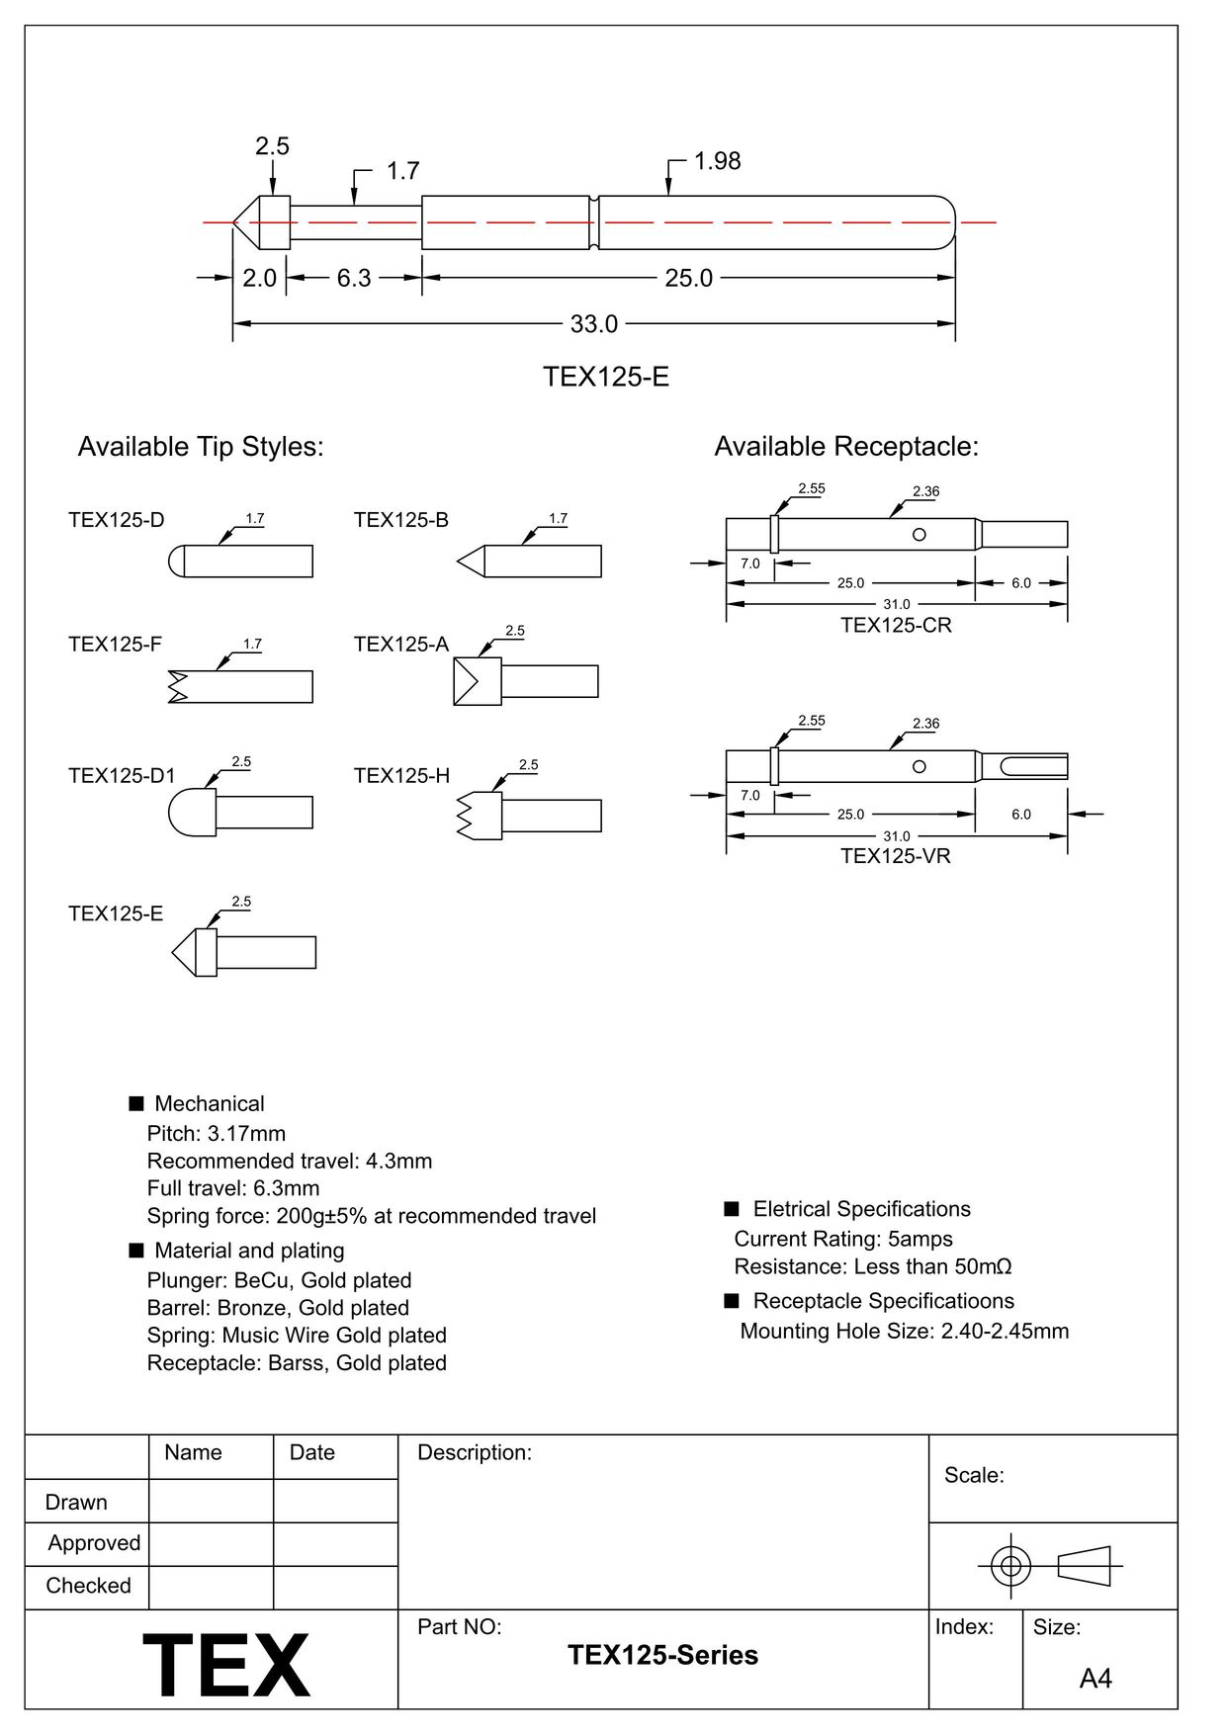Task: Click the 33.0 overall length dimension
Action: click(593, 324)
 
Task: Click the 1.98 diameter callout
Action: click(717, 161)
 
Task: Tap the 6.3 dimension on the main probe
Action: click(353, 279)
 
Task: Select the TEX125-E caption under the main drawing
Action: click(605, 377)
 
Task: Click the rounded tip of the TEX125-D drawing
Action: click(177, 562)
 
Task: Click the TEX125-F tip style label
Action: click(115, 645)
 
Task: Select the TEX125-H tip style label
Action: click(401, 776)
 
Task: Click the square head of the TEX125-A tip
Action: click(477, 681)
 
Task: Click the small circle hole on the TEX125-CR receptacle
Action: click(919, 535)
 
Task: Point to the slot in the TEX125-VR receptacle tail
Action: click(1033, 766)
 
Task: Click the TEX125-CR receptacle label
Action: click(896, 626)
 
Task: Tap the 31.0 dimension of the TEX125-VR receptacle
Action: click(896, 836)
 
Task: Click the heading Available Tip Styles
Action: click(201, 447)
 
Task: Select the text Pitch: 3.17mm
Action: click(216, 1134)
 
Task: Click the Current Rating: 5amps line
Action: click(843, 1239)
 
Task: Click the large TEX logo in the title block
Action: click(226, 1665)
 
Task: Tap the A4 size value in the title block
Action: click(1095, 1679)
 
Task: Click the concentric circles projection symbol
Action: click(1010, 1566)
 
